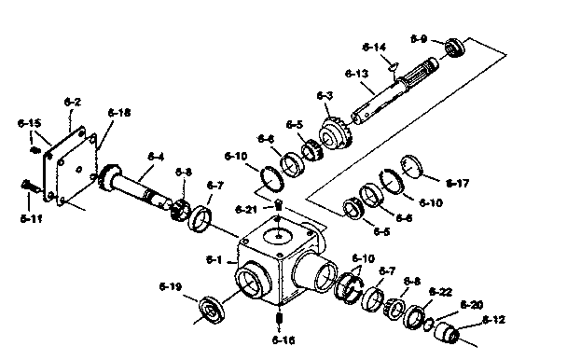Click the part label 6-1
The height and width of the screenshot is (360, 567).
tap(214, 260)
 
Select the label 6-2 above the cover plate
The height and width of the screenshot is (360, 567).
tap(72, 101)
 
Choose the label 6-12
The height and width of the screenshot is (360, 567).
tap(493, 321)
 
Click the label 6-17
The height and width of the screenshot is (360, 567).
tap(458, 183)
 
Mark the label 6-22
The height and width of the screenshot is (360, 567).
tap(439, 291)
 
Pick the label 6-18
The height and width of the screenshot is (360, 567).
tap(119, 113)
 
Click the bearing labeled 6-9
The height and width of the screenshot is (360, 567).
tap(455, 46)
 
